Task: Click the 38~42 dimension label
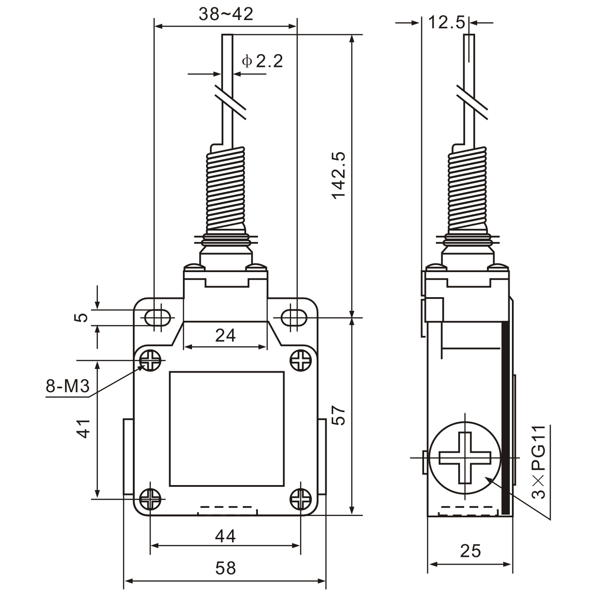point(226,15)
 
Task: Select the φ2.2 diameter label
point(263,61)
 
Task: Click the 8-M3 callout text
point(67,386)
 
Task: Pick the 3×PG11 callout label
point(539,461)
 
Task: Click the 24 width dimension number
point(225,335)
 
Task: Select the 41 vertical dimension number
point(84,428)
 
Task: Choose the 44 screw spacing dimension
point(225,536)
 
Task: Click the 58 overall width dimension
point(225,568)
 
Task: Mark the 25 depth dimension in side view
point(470,551)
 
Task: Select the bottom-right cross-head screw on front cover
point(301,499)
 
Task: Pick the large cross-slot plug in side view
point(465,457)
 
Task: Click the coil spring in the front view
point(226,189)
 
